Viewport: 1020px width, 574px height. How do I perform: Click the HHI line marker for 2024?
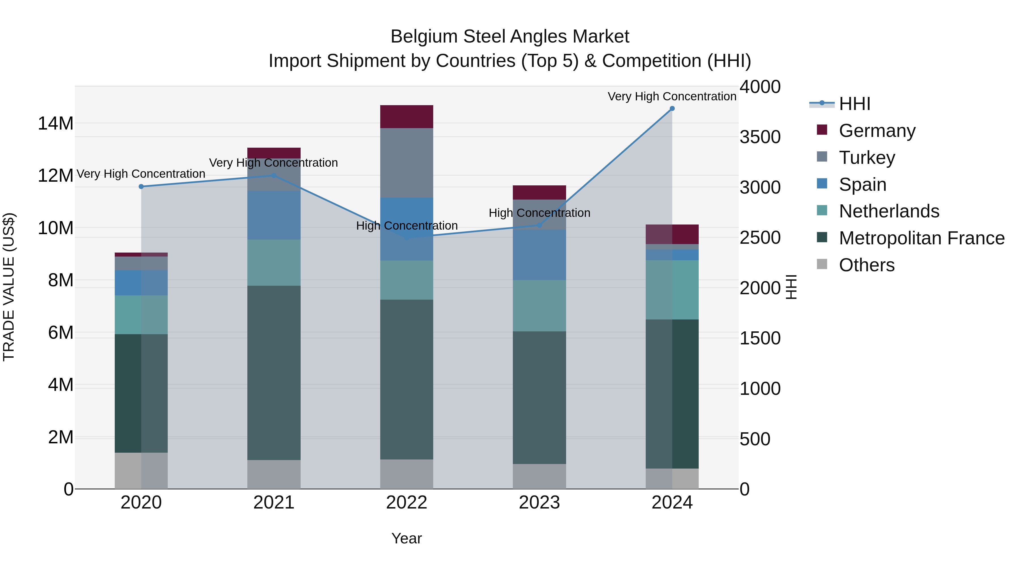point(672,109)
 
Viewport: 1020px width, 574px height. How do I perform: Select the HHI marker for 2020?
point(141,187)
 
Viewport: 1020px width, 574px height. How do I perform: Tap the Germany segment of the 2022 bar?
point(407,117)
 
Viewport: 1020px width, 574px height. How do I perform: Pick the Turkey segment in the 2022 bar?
point(407,162)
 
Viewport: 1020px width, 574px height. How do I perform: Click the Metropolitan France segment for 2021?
point(274,372)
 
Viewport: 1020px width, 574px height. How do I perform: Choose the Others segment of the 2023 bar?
point(539,476)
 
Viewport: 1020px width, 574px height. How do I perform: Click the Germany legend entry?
point(877,131)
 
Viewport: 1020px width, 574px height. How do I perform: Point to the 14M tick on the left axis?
point(56,124)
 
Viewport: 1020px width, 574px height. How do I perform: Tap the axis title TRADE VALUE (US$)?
point(9,287)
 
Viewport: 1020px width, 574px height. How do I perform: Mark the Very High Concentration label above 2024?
point(672,96)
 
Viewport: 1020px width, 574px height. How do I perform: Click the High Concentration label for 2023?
point(539,213)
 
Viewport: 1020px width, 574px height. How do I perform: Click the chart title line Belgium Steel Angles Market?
point(510,37)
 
